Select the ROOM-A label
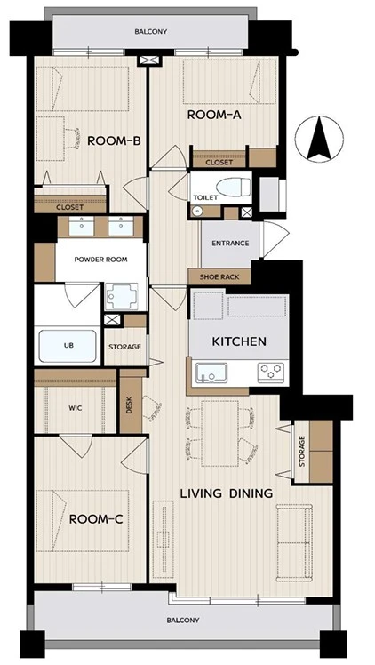214,115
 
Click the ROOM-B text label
114,140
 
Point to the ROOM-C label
96,518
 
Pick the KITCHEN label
239,341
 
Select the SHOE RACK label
219,277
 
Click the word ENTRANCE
230,244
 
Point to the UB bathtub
68,346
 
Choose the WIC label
75,408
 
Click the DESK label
129,406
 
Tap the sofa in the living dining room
294,543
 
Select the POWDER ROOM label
100,260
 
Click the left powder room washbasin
82,227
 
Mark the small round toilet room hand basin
195,211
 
